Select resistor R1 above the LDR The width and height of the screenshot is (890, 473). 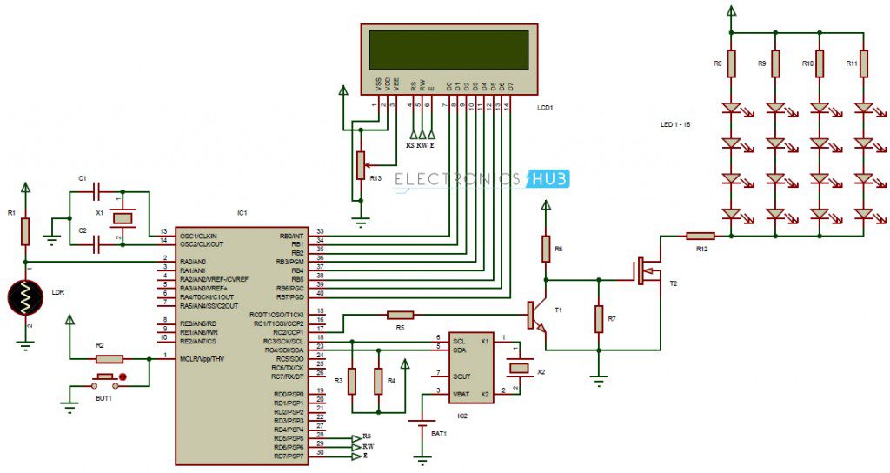click(25, 231)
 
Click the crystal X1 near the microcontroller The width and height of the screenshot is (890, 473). click(124, 217)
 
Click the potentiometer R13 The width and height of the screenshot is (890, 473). click(358, 163)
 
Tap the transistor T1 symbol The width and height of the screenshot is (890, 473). click(535, 316)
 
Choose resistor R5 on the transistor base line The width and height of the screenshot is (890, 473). click(400, 315)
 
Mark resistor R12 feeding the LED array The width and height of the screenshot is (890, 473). click(700, 235)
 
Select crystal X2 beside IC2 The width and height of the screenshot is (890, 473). click(518, 369)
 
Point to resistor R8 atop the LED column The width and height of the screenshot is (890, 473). click(731, 63)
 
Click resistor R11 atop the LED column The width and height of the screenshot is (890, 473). click(863, 63)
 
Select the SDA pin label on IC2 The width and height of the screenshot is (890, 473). click(461, 350)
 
